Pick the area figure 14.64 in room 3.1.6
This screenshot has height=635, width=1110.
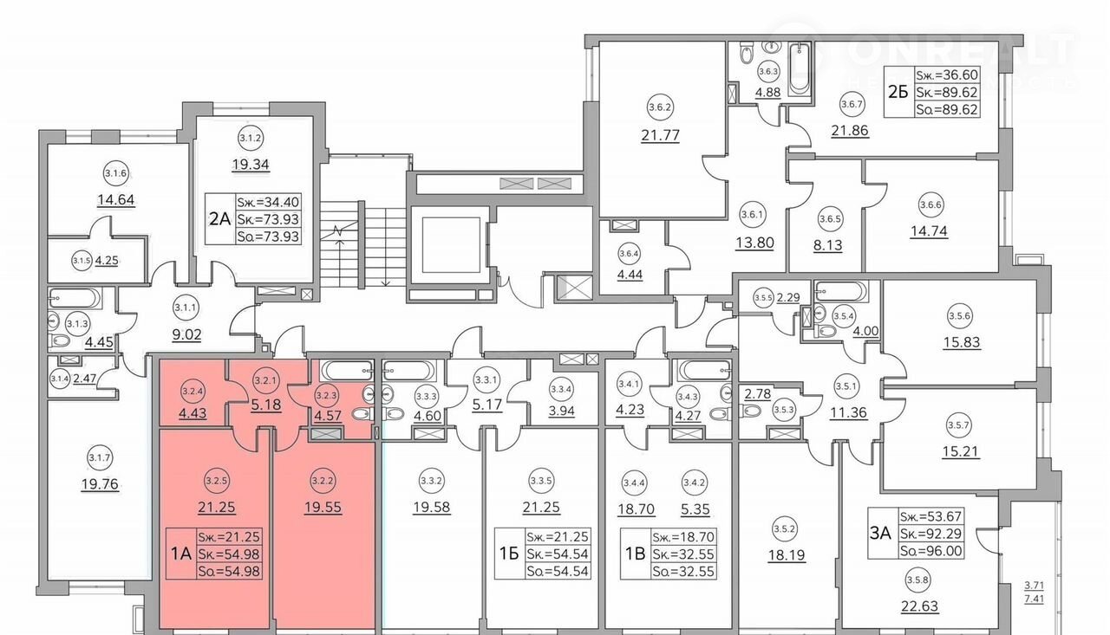(x=115, y=198)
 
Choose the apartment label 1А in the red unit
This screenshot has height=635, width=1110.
(x=180, y=554)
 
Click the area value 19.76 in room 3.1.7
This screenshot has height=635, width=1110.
(x=98, y=485)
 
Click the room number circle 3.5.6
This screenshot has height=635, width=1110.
(x=960, y=316)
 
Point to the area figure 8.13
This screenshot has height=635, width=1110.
(x=829, y=245)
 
